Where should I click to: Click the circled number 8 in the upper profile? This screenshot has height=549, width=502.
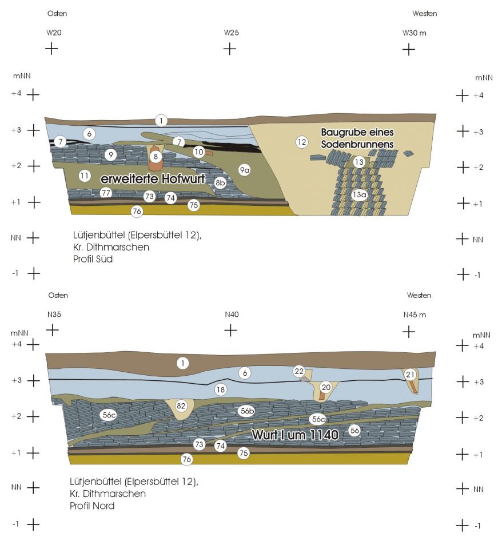[x=156, y=157]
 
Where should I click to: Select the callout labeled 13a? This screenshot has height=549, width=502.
[x=360, y=194]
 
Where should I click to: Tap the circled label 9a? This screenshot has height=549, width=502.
[x=244, y=170]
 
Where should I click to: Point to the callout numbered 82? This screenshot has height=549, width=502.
[x=181, y=406]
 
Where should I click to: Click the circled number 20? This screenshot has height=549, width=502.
[x=326, y=387]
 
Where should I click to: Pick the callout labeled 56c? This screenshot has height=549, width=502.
[x=109, y=415]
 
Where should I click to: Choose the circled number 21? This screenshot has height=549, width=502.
[x=409, y=375]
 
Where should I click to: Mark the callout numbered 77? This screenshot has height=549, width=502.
[x=106, y=193]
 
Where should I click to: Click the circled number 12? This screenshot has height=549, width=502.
[x=301, y=142]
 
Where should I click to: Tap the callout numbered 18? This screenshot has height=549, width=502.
[x=220, y=389]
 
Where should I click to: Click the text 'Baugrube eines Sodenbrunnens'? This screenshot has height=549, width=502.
[x=357, y=138]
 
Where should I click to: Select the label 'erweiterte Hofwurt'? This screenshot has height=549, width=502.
[x=153, y=179]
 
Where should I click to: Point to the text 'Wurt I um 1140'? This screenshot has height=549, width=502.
[x=295, y=435]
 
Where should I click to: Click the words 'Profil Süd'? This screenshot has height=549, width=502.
[x=93, y=259]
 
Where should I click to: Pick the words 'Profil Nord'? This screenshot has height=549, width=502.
[x=92, y=506]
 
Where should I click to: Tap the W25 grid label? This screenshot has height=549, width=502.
[x=232, y=33]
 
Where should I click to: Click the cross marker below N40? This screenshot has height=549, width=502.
[x=230, y=330]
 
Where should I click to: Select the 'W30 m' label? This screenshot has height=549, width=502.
[x=414, y=33]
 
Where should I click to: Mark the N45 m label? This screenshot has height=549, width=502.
[x=415, y=315]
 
